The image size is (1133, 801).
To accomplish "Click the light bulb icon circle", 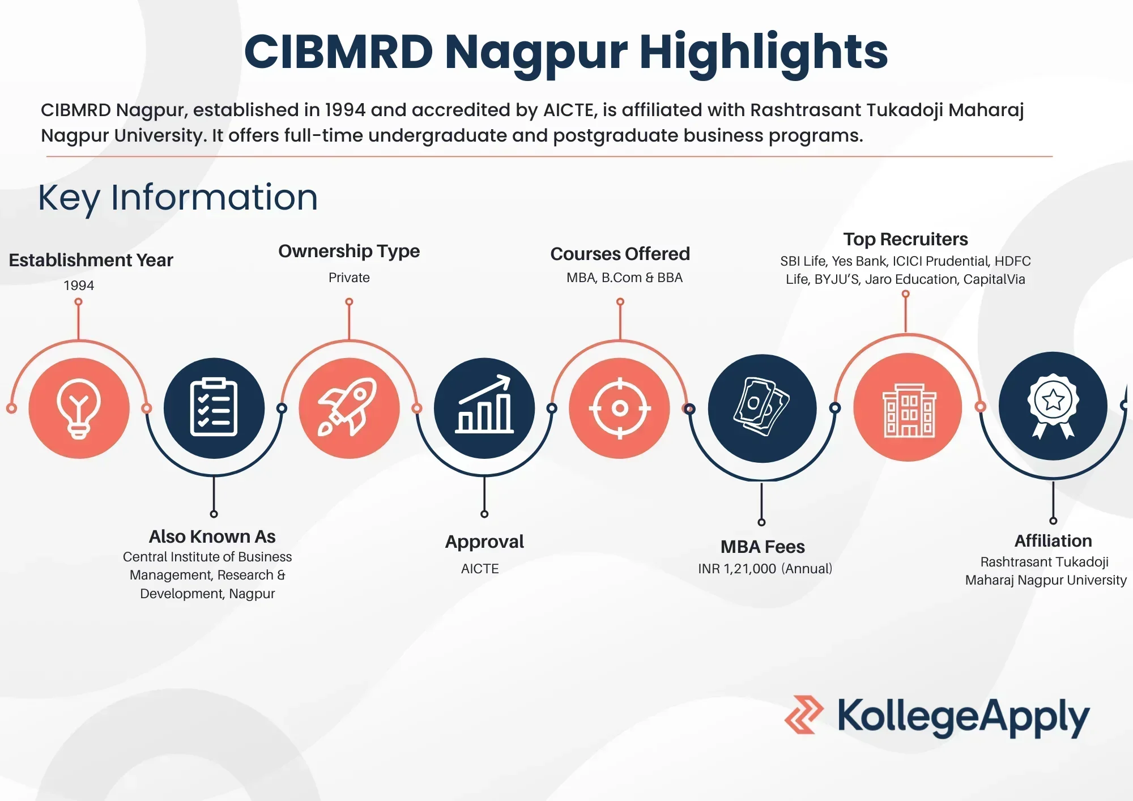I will [79, 408].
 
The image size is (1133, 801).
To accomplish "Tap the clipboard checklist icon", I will [214, 408].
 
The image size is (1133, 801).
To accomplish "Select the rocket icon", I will [349, 408].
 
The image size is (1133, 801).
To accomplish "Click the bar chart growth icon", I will [484, 408].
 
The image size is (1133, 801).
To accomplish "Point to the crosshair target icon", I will [620, 408].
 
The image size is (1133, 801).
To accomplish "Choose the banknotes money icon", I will [762, 408].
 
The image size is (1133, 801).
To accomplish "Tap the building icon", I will [908, 408].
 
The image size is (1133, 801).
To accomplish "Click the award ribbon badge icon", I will [1053, 406].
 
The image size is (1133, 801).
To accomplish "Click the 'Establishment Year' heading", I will [91, 260].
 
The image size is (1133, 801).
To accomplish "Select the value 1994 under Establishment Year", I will [79, 286].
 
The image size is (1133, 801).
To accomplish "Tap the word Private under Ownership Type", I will [349, 278].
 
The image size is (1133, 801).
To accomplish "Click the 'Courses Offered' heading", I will [620, 254].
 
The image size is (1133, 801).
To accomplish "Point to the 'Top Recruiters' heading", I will [905, 239].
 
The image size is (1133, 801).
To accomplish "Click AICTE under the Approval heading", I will [480, 569].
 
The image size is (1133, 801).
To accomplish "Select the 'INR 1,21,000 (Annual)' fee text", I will [765, 569].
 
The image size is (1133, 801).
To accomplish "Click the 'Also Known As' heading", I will [212, 536].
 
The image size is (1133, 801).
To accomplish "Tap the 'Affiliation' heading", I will [1053, 541].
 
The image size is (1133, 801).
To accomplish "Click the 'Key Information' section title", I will [178, 198].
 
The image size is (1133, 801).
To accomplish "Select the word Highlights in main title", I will [763, 52].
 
